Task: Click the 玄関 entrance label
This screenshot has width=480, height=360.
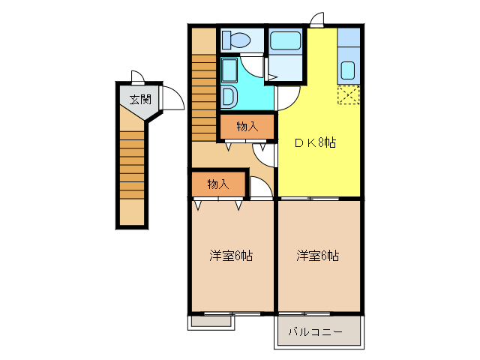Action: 139,99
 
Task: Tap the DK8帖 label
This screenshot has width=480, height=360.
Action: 314,142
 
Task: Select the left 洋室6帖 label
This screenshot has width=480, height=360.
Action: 230,256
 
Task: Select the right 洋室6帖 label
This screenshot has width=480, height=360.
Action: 317,256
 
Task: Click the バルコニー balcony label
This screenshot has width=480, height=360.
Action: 316,331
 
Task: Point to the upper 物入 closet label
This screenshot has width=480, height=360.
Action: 247,127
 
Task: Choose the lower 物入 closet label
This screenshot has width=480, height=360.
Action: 217,184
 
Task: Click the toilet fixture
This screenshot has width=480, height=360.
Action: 241,40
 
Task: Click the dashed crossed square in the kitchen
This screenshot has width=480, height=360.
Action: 348,96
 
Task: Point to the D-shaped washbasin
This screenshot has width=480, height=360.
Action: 229,97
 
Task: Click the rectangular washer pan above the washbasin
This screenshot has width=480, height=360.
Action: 229,71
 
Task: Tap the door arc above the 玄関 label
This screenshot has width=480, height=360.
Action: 138,76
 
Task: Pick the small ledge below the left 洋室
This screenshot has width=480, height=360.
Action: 211,321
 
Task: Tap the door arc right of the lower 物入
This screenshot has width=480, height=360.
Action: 260,188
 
